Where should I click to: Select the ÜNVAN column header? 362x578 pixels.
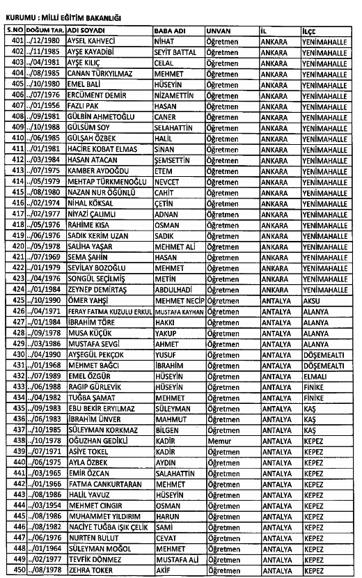(217, 31)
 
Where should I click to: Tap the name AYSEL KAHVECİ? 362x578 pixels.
(90, 41)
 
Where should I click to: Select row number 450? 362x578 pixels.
(15, 570)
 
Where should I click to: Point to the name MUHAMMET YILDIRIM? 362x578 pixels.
(103, 515)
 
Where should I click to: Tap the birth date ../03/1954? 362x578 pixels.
(46, 505)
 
